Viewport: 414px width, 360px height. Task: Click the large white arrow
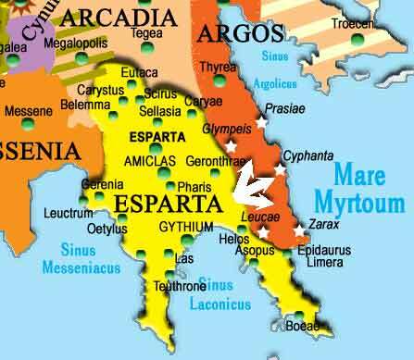pos(252,183)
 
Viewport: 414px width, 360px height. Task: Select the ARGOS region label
pos(241,35)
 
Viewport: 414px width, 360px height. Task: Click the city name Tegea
pos(145,33)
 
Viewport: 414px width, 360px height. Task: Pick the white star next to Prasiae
pos(262,121)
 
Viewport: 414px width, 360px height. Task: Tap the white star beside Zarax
pos(299,230)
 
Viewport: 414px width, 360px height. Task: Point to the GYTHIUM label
pos(186,227)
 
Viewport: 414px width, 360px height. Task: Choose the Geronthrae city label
pos(215,160)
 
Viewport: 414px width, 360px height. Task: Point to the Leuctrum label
pos(69,214)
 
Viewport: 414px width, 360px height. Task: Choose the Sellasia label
pos(159,111)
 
